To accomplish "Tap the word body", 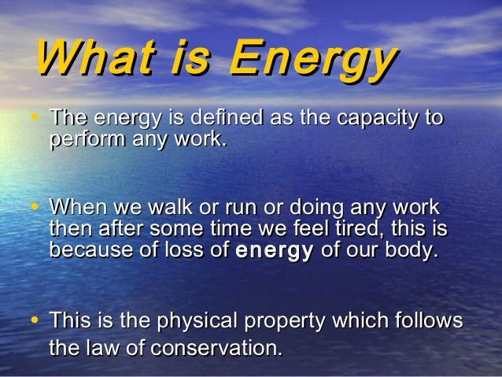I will pos(410,252).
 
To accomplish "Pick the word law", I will pos(114,347).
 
